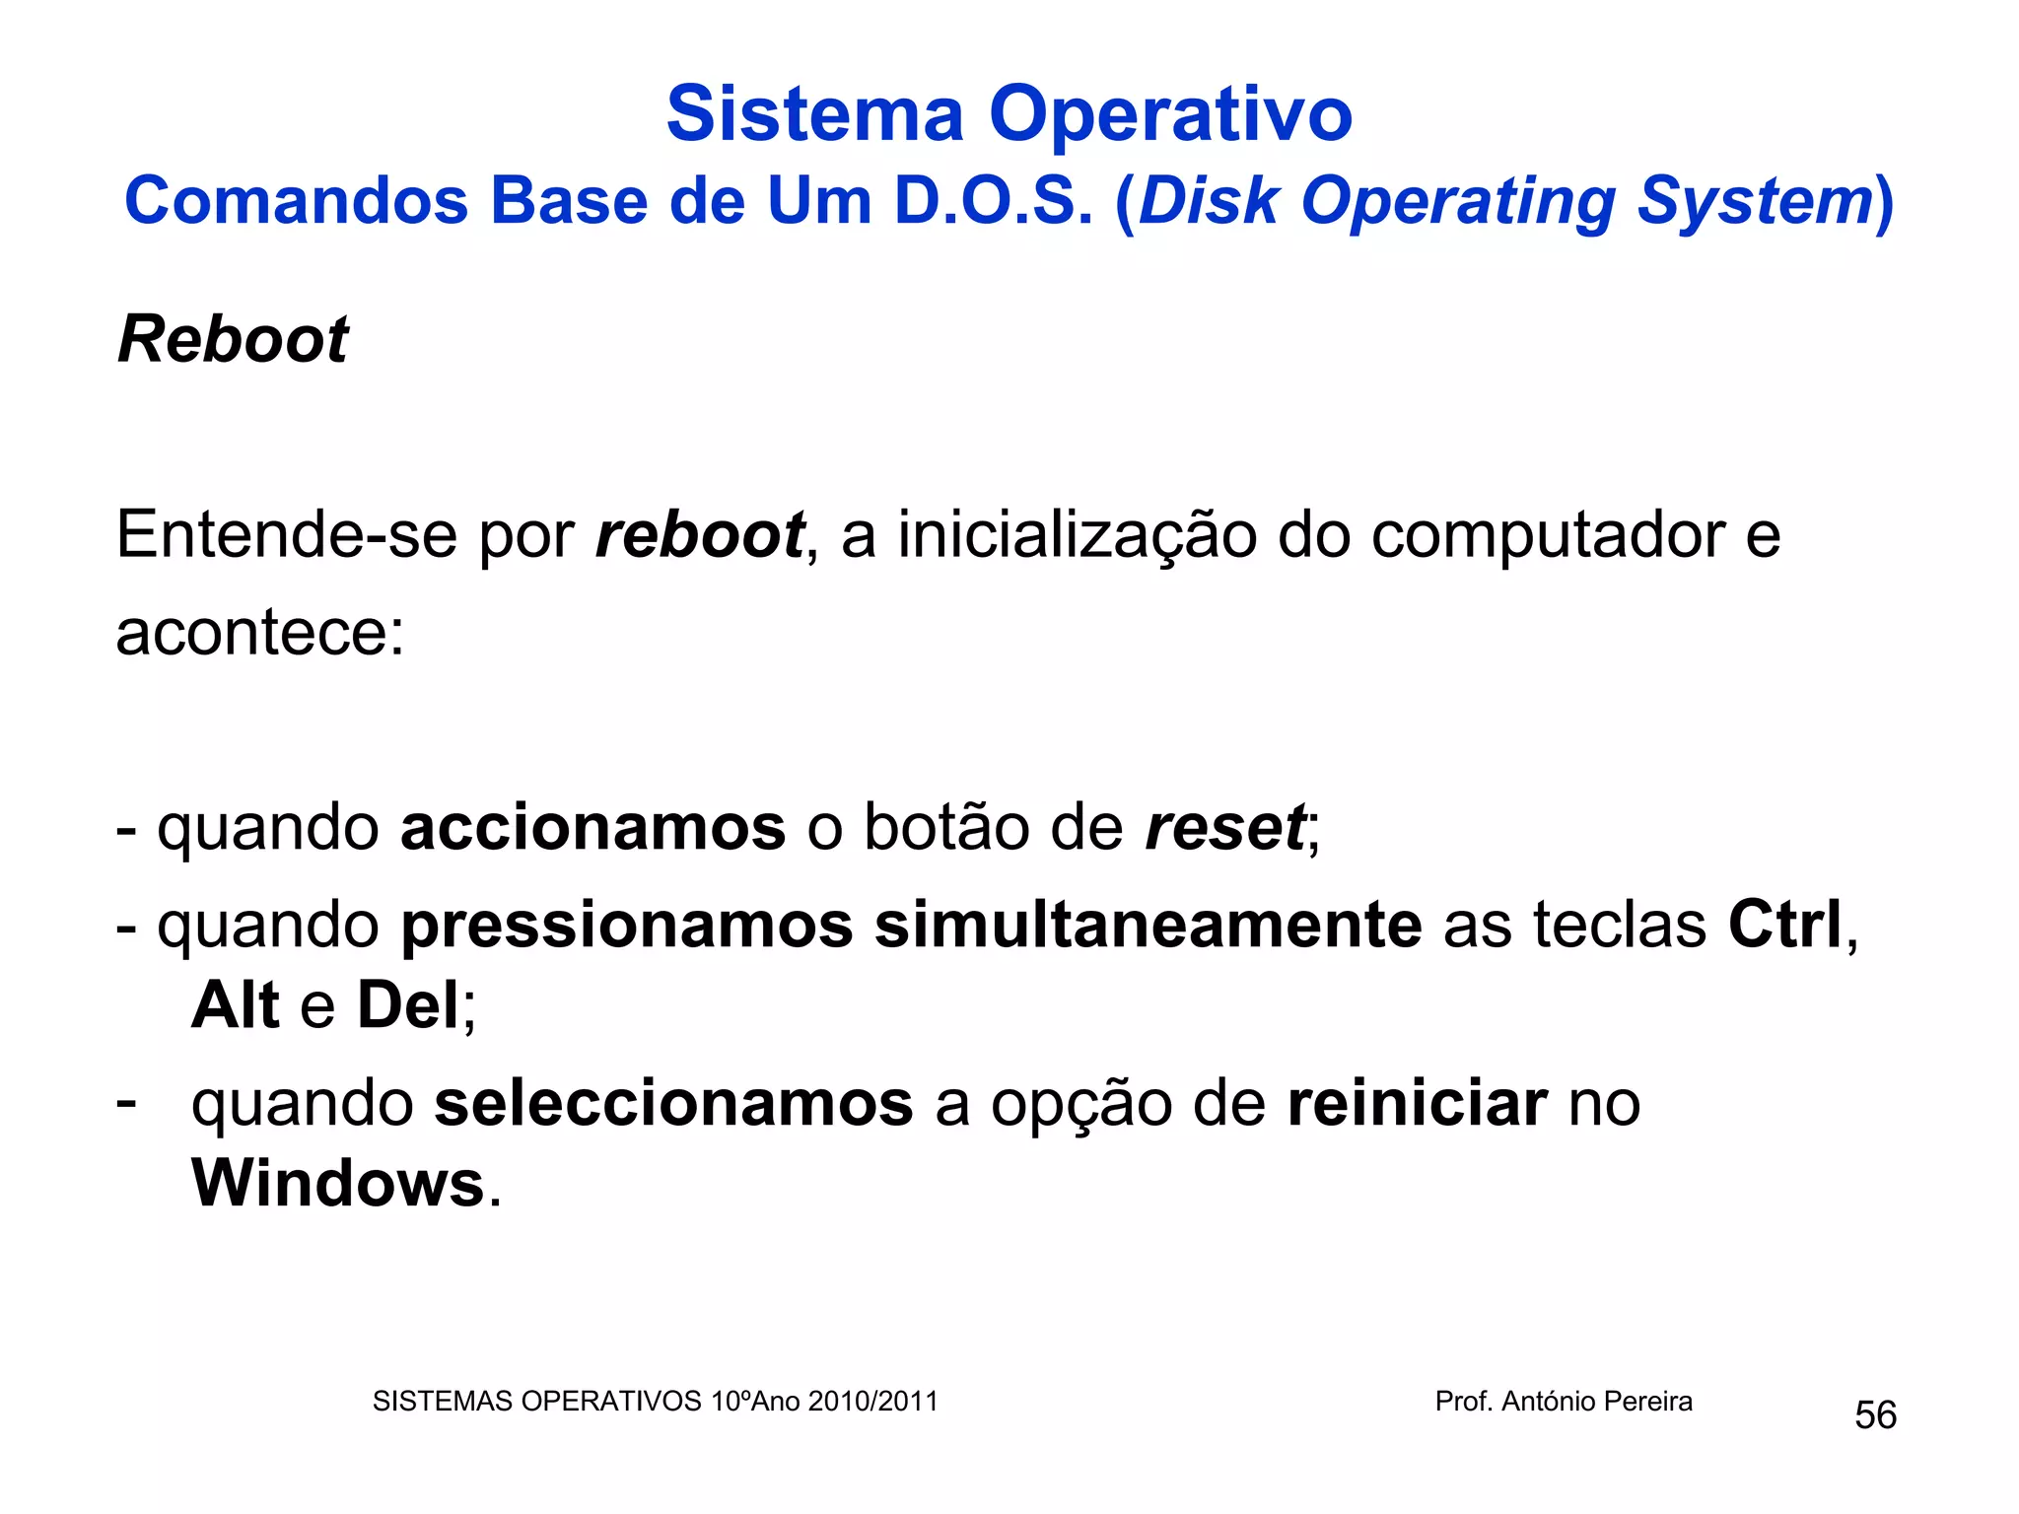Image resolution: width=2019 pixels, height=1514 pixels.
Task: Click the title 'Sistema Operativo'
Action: [x=1009, y=114]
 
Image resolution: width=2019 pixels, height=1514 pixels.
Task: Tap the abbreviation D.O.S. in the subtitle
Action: [x=994, y=202]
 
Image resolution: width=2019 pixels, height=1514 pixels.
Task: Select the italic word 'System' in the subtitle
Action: [x=1754, y=202]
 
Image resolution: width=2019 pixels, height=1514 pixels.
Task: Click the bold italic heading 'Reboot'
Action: [x=233, y=340]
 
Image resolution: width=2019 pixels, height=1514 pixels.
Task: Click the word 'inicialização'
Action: [x=1077, y=536]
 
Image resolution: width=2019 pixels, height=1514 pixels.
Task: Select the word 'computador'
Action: [x=1548, y=536]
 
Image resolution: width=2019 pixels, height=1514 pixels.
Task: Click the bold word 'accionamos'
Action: [x=592, y=827]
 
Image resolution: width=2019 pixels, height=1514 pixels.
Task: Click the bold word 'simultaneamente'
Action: [x=1149, y=926]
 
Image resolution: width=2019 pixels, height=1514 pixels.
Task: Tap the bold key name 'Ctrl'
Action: [x=1784, y=926]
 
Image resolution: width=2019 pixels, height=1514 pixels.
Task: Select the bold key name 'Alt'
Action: [x=236, y=1005]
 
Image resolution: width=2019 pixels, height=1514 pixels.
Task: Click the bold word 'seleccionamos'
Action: [x=674, y=1104]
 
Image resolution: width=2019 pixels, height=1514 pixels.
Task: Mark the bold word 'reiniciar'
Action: [x=1417, y=1104]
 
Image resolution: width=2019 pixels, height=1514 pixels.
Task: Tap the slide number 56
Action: [x=1875, y=1415]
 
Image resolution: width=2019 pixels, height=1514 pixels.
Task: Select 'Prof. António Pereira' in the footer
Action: [x=1564, y=1402]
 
